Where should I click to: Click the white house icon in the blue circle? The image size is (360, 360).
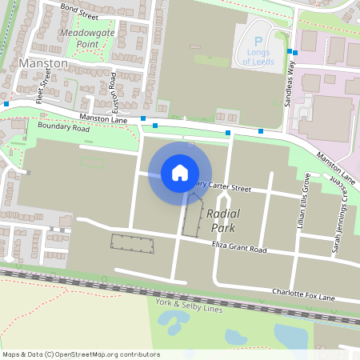pyautogui.click(x=180, y=172)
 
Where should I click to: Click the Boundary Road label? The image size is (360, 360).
pyautogui.click(x=63, y=127)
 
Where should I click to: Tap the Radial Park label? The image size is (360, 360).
pyautogui.click(x=223, y=222)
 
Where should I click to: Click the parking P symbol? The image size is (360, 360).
pyautogui.click(x=258, y=42)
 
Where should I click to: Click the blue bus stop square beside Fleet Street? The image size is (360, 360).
pyautogui.click(x=6, y=104)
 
